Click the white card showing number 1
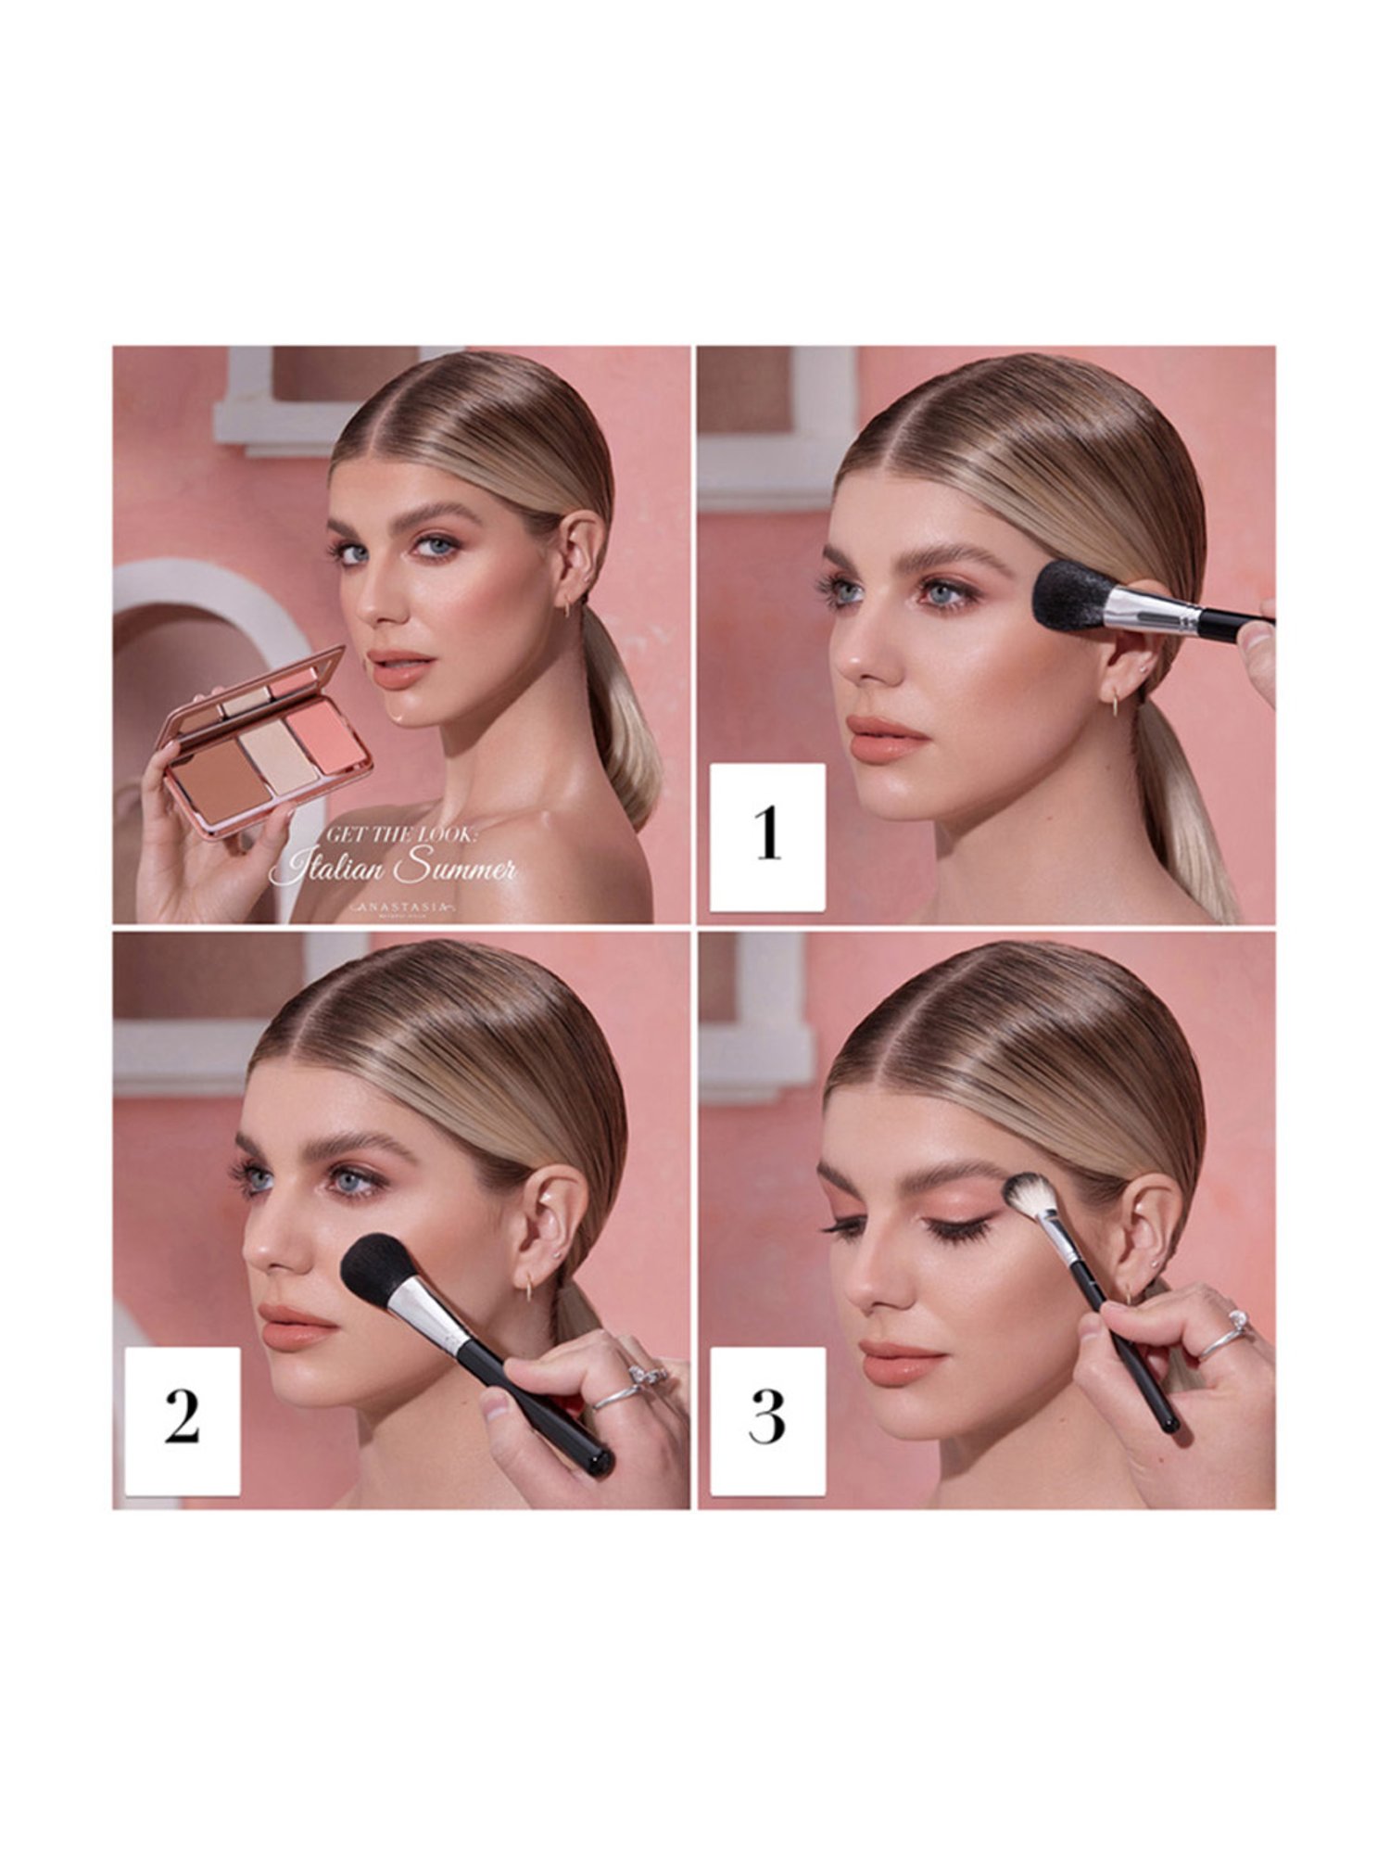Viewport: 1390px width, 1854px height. point(767,837)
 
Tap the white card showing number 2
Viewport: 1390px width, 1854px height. point(183,1420)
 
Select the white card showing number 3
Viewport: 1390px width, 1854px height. point(767,1420)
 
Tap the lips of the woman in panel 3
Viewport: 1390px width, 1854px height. point(903,1361)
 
